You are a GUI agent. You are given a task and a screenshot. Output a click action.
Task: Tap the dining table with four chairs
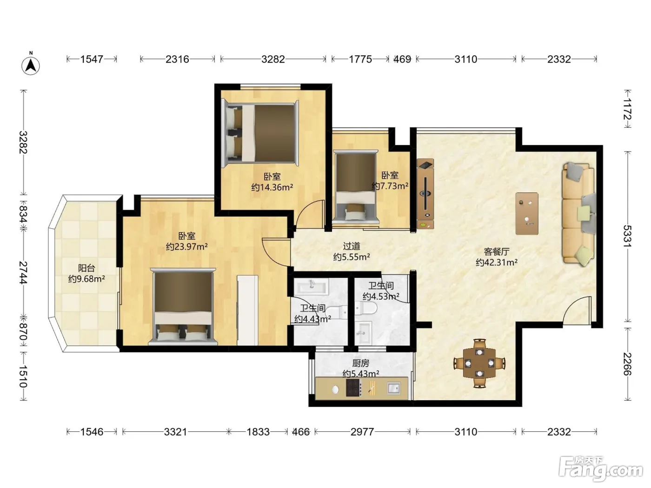(479, 363)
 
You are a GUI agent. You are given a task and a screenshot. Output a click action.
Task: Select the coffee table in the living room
(527, 213)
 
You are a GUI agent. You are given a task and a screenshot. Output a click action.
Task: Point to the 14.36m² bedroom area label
(272, 187)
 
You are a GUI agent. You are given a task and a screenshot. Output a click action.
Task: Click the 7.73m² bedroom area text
(390, 186)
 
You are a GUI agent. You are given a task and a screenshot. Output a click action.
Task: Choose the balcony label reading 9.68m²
(86, 279)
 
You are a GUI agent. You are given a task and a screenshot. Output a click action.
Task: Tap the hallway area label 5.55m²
(352, 257)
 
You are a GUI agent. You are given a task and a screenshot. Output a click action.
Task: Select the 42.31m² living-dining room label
(497, 263)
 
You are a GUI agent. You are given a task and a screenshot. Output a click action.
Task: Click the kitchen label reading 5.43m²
(361, 374)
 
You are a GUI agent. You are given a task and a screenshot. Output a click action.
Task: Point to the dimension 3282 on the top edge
(273, 59)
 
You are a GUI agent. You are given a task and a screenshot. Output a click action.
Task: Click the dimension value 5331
(627, 236)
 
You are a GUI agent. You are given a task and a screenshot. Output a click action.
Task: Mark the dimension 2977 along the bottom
(362, 432)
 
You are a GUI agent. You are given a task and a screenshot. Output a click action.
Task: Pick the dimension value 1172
(627, 109)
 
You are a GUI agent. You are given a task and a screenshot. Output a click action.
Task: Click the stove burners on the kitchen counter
(354, 388)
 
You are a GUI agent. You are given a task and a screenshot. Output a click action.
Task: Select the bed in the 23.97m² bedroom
(183, 307)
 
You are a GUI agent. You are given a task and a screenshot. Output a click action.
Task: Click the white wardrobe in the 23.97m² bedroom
(247, 310)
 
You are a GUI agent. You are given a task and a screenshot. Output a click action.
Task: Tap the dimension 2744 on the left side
(23, 272)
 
